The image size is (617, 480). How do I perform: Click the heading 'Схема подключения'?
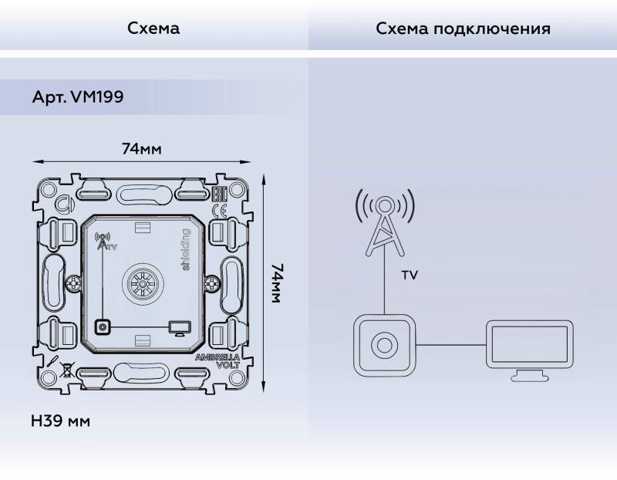(463, 29)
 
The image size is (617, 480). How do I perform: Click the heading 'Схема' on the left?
(153, 29)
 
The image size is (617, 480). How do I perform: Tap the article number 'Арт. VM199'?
(78, 98)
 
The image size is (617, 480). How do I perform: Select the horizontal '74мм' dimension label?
(142, 149)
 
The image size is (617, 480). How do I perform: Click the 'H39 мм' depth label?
(60, 421)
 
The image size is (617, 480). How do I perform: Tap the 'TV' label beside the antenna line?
(410, 275)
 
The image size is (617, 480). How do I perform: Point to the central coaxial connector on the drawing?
(143, 283)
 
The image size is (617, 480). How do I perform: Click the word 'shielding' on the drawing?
(185, 249)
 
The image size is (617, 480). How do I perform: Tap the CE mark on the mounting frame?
(218, 210)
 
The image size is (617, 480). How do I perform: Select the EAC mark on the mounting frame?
(218, 194)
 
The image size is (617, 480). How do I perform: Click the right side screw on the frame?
(210, 283)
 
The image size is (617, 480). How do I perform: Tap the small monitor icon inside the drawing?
(178, 329)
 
